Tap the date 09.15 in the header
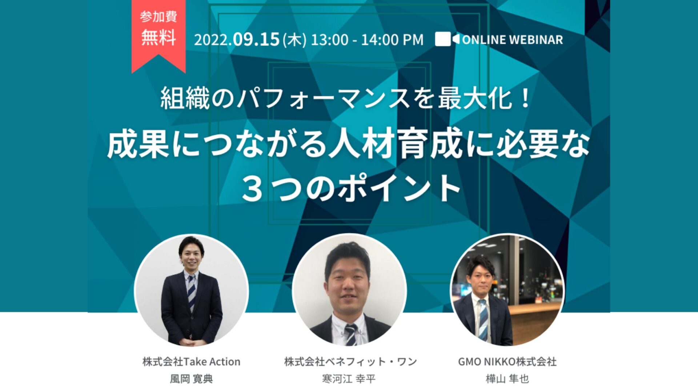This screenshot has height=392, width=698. [x=256, y=40]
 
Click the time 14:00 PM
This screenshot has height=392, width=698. [x=392, y=40]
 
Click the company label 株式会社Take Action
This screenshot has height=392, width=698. [x=191, y=362]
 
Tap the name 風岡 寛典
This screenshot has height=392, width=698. [x=191, y=379]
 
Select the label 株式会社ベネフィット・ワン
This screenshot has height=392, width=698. [x=350, y=362]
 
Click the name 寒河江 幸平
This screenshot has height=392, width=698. [x=349, y=379]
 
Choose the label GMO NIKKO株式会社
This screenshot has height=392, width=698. [x=507, y=362]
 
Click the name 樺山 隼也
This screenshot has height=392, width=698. [x=507, y=379]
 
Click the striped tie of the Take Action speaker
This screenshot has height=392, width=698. [x=191, y=292]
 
